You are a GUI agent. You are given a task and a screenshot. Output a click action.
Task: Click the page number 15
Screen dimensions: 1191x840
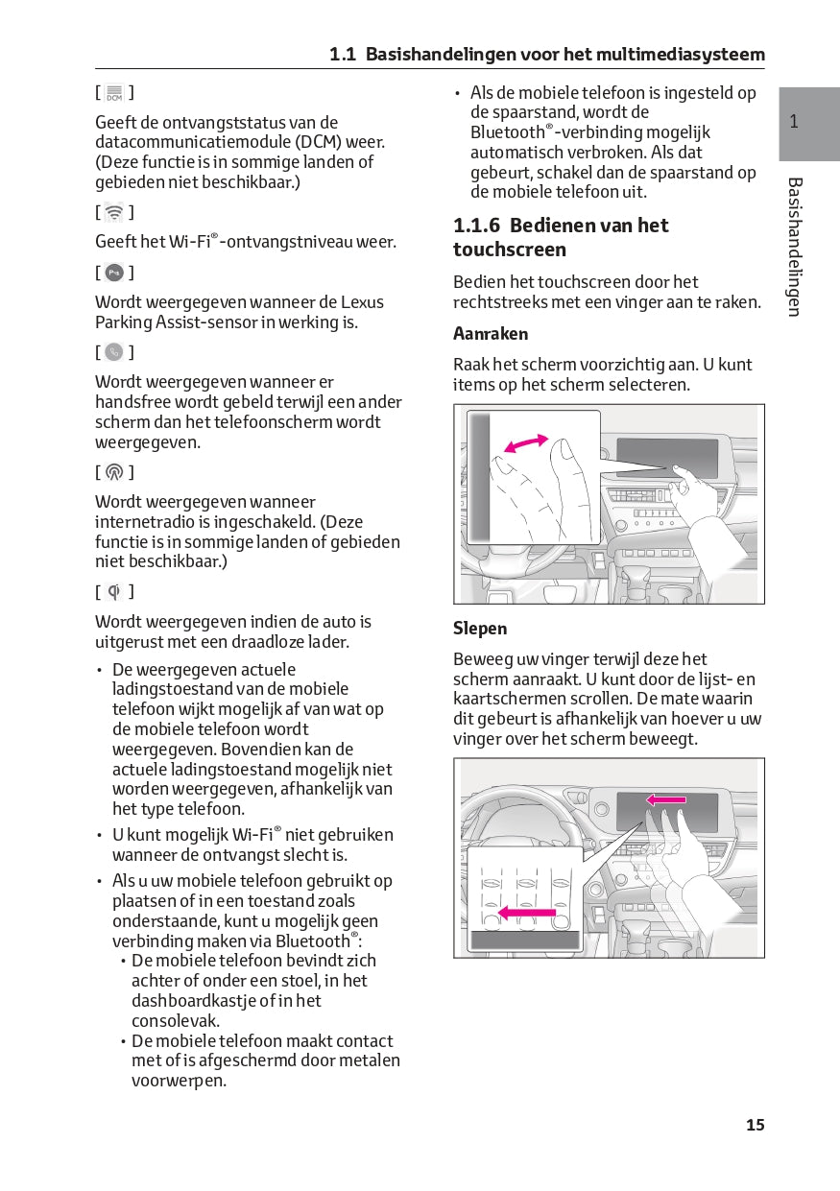(x=756, y=1125)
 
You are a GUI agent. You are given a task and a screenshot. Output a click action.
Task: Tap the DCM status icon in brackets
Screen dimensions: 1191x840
(x=114, y=93)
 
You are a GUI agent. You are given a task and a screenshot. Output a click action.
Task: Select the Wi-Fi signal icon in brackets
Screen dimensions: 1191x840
(x=114, y=212)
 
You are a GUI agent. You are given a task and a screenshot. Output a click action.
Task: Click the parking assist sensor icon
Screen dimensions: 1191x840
(x=114, y=273)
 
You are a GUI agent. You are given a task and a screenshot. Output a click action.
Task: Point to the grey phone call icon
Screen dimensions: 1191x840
(x=114, y=352)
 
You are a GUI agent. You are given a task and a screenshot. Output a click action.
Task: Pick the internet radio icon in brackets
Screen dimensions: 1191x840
(x=114, y=472)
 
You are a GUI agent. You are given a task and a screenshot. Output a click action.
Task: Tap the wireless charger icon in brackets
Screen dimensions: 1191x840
(x=114, y=591)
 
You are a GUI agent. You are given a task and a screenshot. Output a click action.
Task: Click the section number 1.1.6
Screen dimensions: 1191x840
(x=477, y=226)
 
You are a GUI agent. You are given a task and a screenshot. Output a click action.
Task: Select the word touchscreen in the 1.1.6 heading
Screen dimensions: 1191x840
(x=510, y=250)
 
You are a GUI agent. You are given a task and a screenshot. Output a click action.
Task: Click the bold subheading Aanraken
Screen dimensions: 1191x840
(x=491, y=334)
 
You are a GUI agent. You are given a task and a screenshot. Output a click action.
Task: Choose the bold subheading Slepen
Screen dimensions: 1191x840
(x=480, y=629)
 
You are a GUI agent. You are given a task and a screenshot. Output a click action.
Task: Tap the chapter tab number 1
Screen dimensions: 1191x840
(x=794, y=122)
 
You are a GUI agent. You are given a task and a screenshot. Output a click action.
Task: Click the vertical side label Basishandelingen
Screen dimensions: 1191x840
(x=794, y=247)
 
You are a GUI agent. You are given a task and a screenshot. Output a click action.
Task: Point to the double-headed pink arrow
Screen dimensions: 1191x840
(x=526, y=442)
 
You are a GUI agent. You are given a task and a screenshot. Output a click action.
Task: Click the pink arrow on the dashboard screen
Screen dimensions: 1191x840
(x=666, y=799)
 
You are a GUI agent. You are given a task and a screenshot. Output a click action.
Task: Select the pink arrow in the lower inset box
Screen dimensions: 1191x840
(x=526, y=914)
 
